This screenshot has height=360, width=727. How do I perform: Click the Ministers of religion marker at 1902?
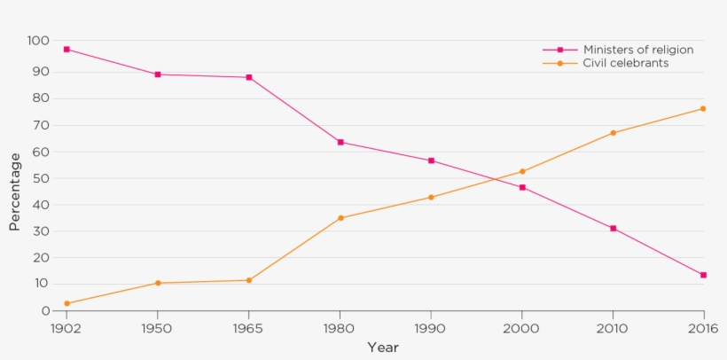[66, 50]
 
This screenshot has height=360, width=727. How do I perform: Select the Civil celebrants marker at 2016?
[703, 109]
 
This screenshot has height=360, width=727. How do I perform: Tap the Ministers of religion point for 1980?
[340, 142]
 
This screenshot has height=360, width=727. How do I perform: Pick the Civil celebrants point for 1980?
[340, 217]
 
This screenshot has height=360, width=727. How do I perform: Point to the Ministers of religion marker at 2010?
[613, 228]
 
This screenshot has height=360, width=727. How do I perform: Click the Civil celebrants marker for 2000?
[522, 172]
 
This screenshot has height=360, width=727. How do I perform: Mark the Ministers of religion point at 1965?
[249, 77]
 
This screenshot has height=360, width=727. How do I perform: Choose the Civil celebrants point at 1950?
[158, 283]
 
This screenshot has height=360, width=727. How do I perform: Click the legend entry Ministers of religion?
[637, 50]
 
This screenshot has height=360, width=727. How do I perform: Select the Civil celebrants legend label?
[625, 63]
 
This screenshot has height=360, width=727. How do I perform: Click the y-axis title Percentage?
[15, 192]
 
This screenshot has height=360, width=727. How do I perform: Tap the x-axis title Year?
[383, 347]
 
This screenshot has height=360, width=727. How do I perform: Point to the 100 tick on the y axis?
[38, 41]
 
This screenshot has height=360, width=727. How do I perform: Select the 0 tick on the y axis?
[45, 311]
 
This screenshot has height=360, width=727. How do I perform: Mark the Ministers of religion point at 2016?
[703, 275]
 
